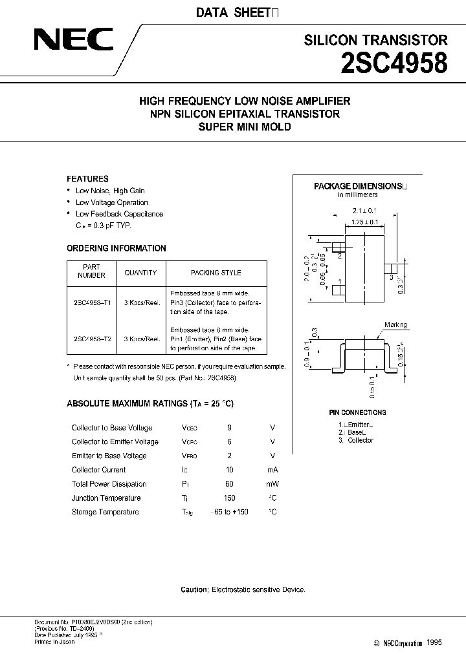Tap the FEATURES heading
click(88, 179)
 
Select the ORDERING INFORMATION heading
click(116, 248)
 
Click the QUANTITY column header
click(140, 273)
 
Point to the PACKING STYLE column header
click(216, 273)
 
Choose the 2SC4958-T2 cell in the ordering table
click(92, 339)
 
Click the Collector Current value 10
click(229, 470)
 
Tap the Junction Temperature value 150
click(229, 498)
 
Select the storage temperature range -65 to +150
click(226, 512)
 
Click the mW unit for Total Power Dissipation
click(272, 484)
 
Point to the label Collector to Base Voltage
click(112, 428)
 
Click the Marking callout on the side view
click(395, 325)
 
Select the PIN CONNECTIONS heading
click(357, 412)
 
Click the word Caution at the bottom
click(194, 590)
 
